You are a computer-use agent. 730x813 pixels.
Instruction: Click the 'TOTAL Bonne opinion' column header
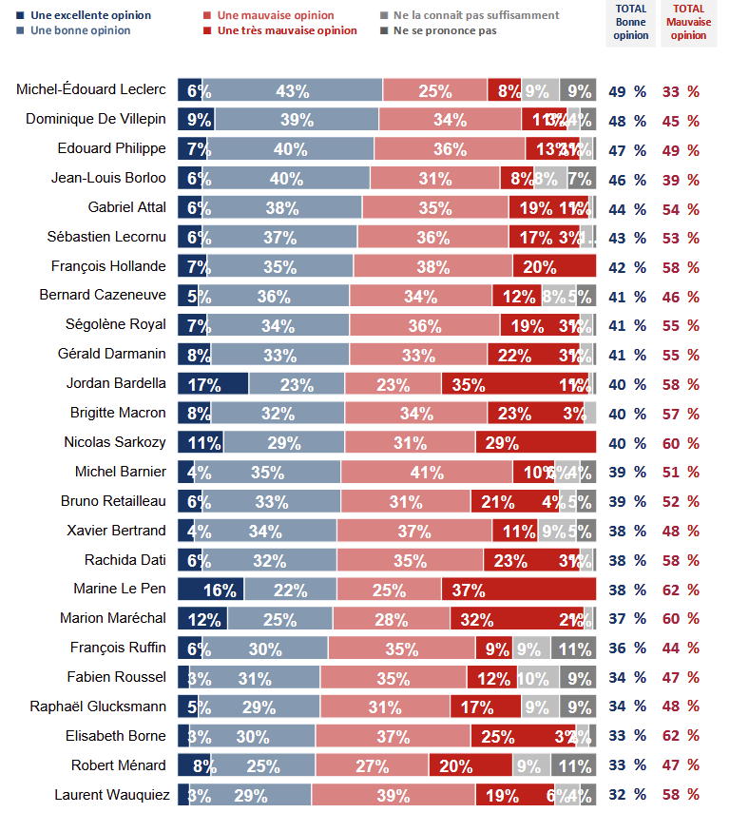click(629, 22)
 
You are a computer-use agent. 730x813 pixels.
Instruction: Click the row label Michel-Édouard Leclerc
click(91, 90)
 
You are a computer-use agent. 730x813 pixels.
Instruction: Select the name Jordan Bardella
click(116, 383)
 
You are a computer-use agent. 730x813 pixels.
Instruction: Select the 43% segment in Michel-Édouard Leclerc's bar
click(293, 90)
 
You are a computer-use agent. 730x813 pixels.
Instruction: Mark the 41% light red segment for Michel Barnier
click(427, 472)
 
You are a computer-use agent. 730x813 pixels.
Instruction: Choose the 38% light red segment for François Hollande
click(432, 266)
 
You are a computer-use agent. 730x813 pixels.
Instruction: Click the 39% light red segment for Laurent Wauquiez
click(393, 795)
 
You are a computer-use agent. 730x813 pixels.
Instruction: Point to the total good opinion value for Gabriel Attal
click(627, 208)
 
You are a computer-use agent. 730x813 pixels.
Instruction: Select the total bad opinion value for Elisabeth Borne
click(681, 736)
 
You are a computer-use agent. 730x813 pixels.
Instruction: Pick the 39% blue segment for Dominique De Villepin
click(297, 120)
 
